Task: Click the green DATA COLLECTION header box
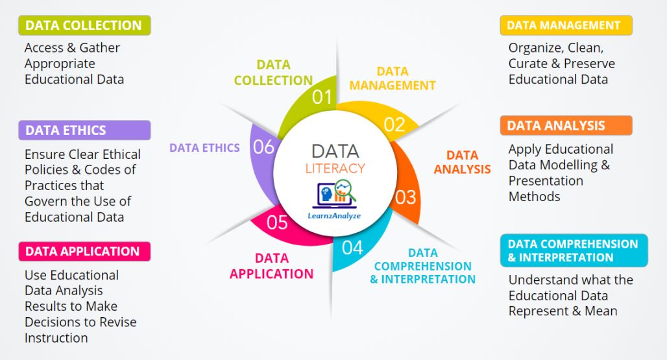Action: [x=84, y=25]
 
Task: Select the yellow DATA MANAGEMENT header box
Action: [x=566, y=25]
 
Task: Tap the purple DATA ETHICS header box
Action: [x=84, y=130]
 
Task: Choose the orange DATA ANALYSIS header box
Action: [x=566, y=125]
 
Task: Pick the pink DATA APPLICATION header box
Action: [x=84, y=251]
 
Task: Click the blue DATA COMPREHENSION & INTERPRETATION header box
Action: [x=574, y=250]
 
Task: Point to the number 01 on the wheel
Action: [x=322, y=97]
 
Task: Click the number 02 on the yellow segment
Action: [x=394, y=125]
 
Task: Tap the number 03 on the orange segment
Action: [x=406, y=197]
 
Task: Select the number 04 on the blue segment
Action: [x=352, y=247]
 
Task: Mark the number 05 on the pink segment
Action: [x=277, y=222]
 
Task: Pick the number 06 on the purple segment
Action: [x=263, y=147]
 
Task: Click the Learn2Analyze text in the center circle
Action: [x=334, y=216]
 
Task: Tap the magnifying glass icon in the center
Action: [x=345, y=189]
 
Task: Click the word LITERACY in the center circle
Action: [x=335, y=168]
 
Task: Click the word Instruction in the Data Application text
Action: [x=56, y=338]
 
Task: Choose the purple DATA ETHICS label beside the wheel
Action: [x=204, y=147]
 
